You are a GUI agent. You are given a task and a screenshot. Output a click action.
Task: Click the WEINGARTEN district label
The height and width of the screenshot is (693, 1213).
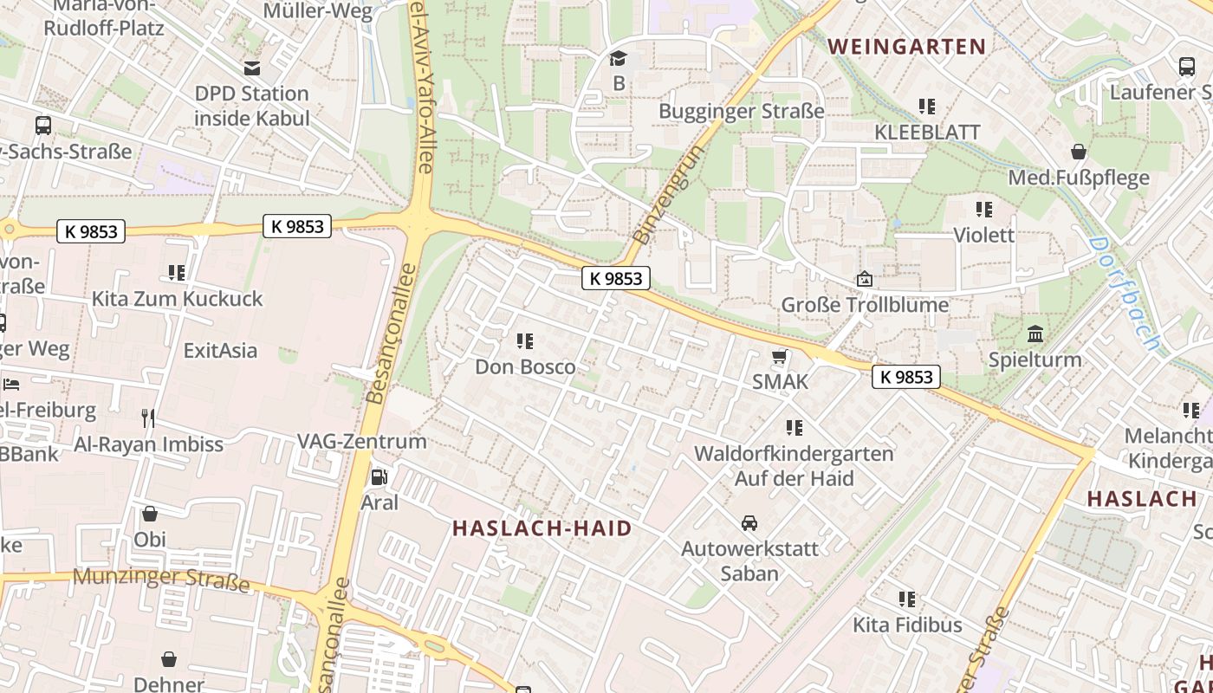click(907, 47)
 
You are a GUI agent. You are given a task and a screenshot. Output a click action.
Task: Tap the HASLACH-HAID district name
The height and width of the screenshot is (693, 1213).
click(542, 528)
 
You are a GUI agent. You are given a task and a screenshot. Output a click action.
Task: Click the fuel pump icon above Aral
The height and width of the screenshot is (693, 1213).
click(379, 477)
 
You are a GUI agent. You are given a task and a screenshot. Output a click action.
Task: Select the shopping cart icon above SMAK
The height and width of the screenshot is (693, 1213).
click(780, 357)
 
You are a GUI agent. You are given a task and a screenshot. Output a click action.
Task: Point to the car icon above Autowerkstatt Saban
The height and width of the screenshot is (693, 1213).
click(749, 522)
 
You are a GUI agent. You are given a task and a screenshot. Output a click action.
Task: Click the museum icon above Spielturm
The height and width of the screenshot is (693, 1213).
click(1035, 334)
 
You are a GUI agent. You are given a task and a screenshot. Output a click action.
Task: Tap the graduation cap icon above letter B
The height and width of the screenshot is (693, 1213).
click(618, 59)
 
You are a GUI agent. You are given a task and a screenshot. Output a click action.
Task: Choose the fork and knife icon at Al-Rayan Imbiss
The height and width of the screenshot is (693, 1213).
click(148, 418)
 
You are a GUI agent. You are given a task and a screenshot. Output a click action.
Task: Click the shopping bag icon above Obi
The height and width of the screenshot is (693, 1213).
click(150, 514)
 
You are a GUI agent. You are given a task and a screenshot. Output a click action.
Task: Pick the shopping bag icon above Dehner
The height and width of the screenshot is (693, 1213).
click(169, 659)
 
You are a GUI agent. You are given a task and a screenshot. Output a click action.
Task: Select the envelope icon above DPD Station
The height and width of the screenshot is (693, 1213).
click(252, 68)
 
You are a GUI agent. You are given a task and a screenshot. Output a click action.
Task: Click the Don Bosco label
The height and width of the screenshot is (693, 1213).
click(525, 366)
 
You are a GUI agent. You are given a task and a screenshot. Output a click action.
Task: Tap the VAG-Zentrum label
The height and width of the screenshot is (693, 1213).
click(362, 441)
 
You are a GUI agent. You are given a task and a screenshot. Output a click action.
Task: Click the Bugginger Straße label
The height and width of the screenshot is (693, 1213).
click(741, 111)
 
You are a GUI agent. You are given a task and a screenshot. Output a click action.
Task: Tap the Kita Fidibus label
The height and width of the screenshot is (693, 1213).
click(907, 625)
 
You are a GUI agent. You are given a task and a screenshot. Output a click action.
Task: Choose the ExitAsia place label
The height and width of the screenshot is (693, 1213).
click(220, 350)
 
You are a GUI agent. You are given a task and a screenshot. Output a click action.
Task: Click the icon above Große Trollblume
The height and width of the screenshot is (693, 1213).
click(864, 279)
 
